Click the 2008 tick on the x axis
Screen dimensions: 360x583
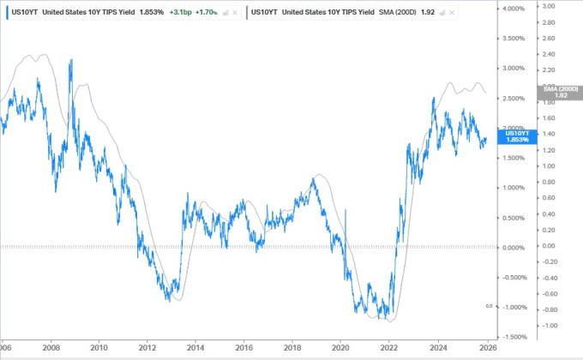(x=51, y=350)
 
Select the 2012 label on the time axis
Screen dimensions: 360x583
(x=147, y=350)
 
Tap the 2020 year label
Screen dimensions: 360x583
(x=340, y=350)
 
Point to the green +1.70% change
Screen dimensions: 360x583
(x=209, y=14)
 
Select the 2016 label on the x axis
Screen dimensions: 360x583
(x=243, y=350)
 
